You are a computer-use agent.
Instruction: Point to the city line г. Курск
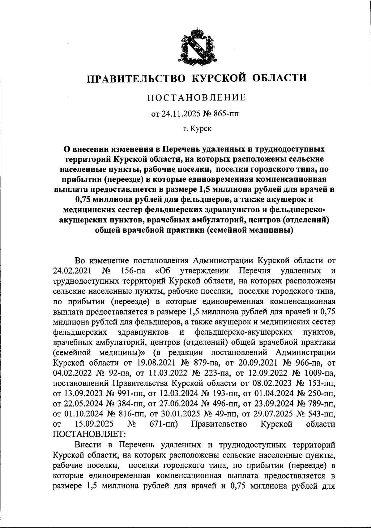[x=196, y=129]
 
